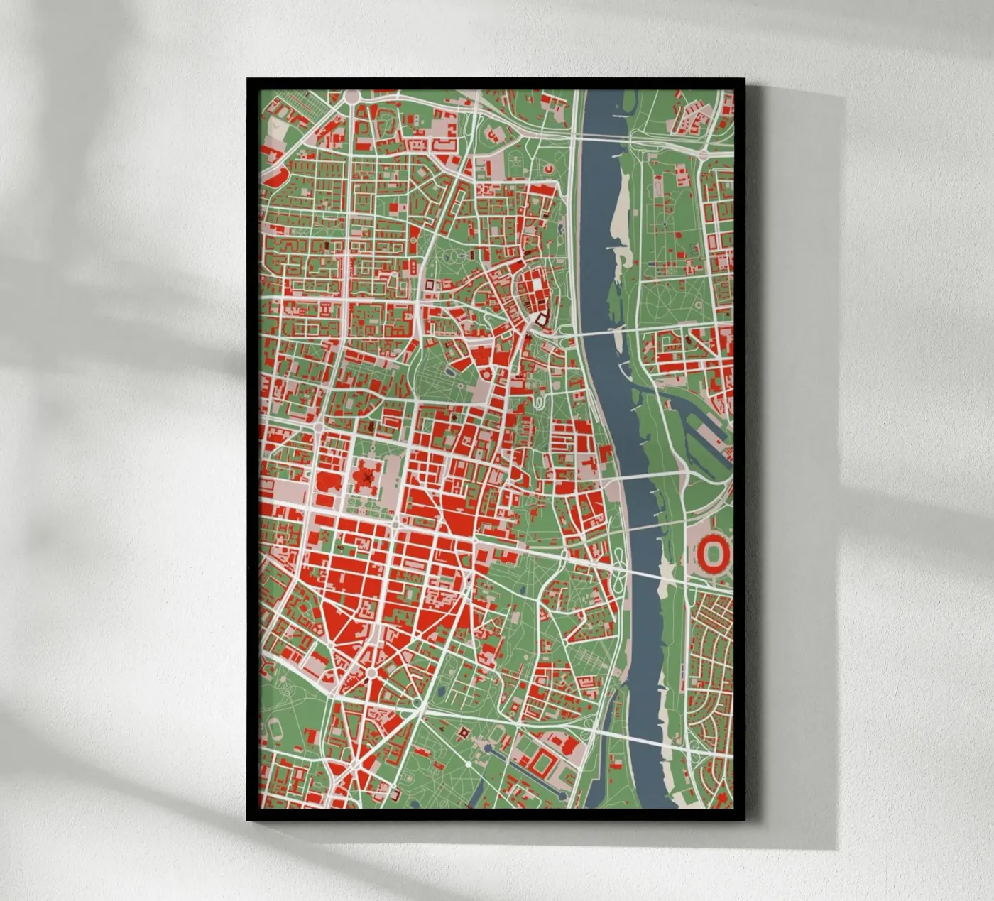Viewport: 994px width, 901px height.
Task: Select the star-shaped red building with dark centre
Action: tap(367, 475)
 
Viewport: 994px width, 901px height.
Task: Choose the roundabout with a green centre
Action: tap(370, 672)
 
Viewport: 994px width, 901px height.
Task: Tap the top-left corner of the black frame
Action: tap(248, 79)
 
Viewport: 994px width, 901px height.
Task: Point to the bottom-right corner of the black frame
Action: tap(743, 819)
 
